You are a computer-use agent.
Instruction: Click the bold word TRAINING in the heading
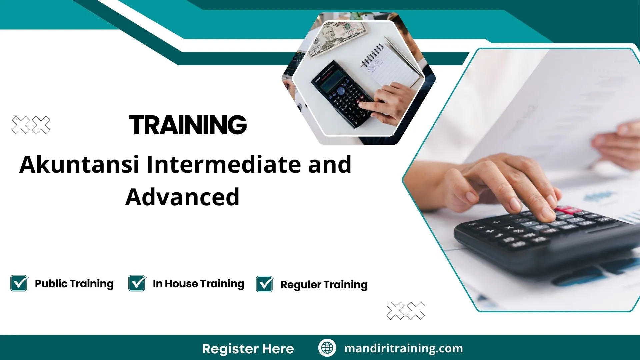click(x=188, y=125)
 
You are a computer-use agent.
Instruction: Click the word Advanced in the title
click(x=182, y=197)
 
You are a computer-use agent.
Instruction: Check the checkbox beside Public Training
click(x=19, y=283)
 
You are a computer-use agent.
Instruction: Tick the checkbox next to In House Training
click(x=137, y=283)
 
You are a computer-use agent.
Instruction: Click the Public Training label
click(x=74, y=284)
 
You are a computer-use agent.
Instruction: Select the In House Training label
click(x=198, y=284)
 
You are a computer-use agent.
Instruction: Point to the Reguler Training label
click(x=324, y=285)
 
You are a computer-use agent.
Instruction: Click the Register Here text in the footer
click(x=248, y=349)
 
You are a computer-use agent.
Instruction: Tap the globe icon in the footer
click(x=327, y=348)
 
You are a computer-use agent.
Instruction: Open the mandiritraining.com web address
click(x=403, y=348)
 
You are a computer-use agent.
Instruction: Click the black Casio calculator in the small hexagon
click(x=342, y=95)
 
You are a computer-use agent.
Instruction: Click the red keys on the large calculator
click(x=567, y=211)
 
